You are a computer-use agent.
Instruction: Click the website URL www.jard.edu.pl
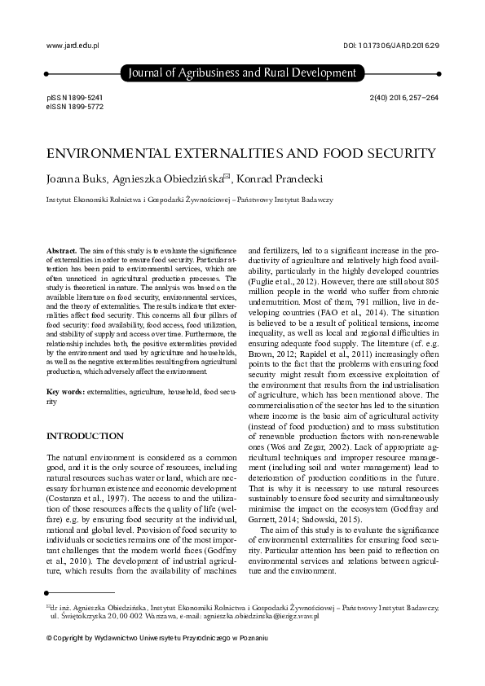pyautogui.click(x=73, y=48)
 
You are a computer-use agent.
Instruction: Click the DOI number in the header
pyautogui.click(x=393, y=48)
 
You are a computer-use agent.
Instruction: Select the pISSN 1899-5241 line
pyautogui.click(x=75, y=97)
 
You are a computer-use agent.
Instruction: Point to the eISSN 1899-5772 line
pyautogui.click(x=75, y=107)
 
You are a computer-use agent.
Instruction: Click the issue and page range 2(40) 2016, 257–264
pyautogui.click(x=404, y=97)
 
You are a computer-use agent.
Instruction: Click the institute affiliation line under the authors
pyautogui.click(x=189, y=200)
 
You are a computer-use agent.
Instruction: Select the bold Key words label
pyautogui.click(x=68, y=392)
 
